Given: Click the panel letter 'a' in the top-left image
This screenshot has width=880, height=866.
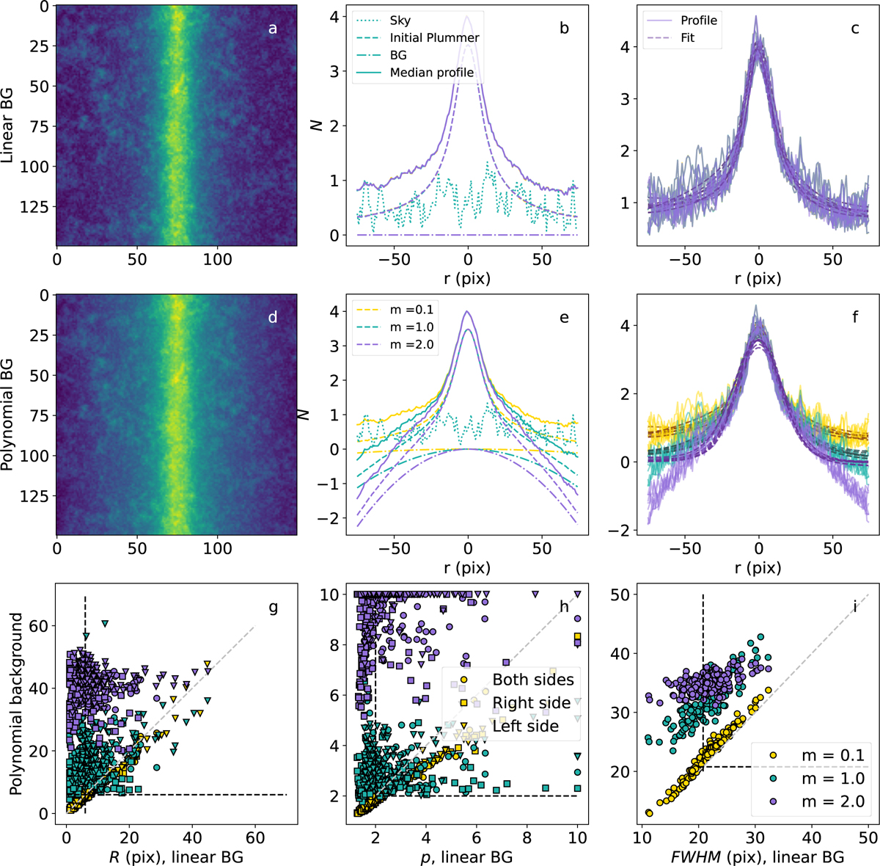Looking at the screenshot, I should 273,29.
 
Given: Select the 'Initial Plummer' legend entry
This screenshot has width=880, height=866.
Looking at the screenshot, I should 434,37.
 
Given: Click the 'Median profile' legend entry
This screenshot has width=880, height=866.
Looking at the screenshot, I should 431,72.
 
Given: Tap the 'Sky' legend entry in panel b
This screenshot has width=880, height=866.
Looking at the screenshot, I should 400,21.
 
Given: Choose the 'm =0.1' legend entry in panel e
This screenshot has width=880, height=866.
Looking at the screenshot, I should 416,310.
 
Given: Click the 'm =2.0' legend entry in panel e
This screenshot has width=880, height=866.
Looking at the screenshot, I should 416,345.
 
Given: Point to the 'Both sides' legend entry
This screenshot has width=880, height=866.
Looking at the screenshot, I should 533,680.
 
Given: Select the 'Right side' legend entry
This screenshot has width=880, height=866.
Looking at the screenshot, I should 531,703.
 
